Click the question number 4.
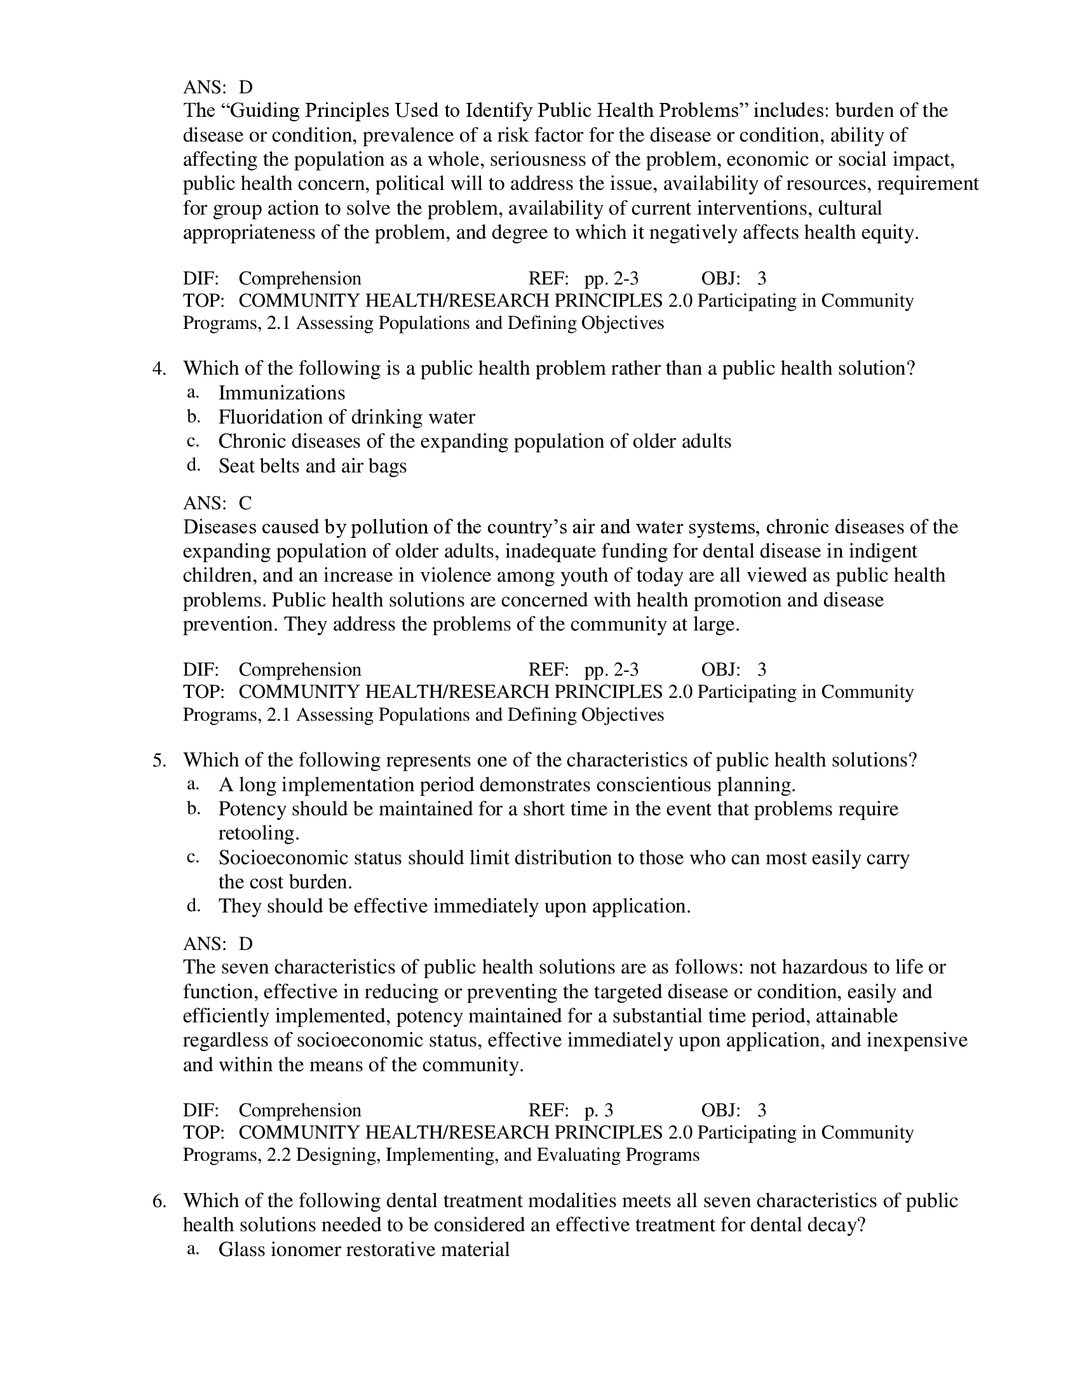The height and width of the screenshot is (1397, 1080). pyautogui.click(x=159, y=368)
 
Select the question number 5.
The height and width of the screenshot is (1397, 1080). pyautogui.click(x=159, y=760)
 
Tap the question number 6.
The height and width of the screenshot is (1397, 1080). pyautogui.click(x=159, y=1201)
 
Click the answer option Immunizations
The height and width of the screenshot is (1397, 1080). pyautogui.click(x=281, y=392)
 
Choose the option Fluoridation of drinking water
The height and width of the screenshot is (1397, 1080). pyautogui.click(x=346, y=417)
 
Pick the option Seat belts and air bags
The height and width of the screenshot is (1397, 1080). pyautogui.click(x=312, y=465)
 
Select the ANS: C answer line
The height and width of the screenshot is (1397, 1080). pyautogui.click(x=217, y=504)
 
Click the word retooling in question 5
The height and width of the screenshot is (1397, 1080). pyautogui.click(x=259, y=833)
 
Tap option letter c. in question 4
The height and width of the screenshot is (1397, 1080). pyautogui.click(x=193, y=441)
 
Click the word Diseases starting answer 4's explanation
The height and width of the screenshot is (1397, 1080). pyautogui.click(x=219, y=527)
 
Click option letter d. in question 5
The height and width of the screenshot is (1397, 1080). pyautogui.click(x=193, y=906)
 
